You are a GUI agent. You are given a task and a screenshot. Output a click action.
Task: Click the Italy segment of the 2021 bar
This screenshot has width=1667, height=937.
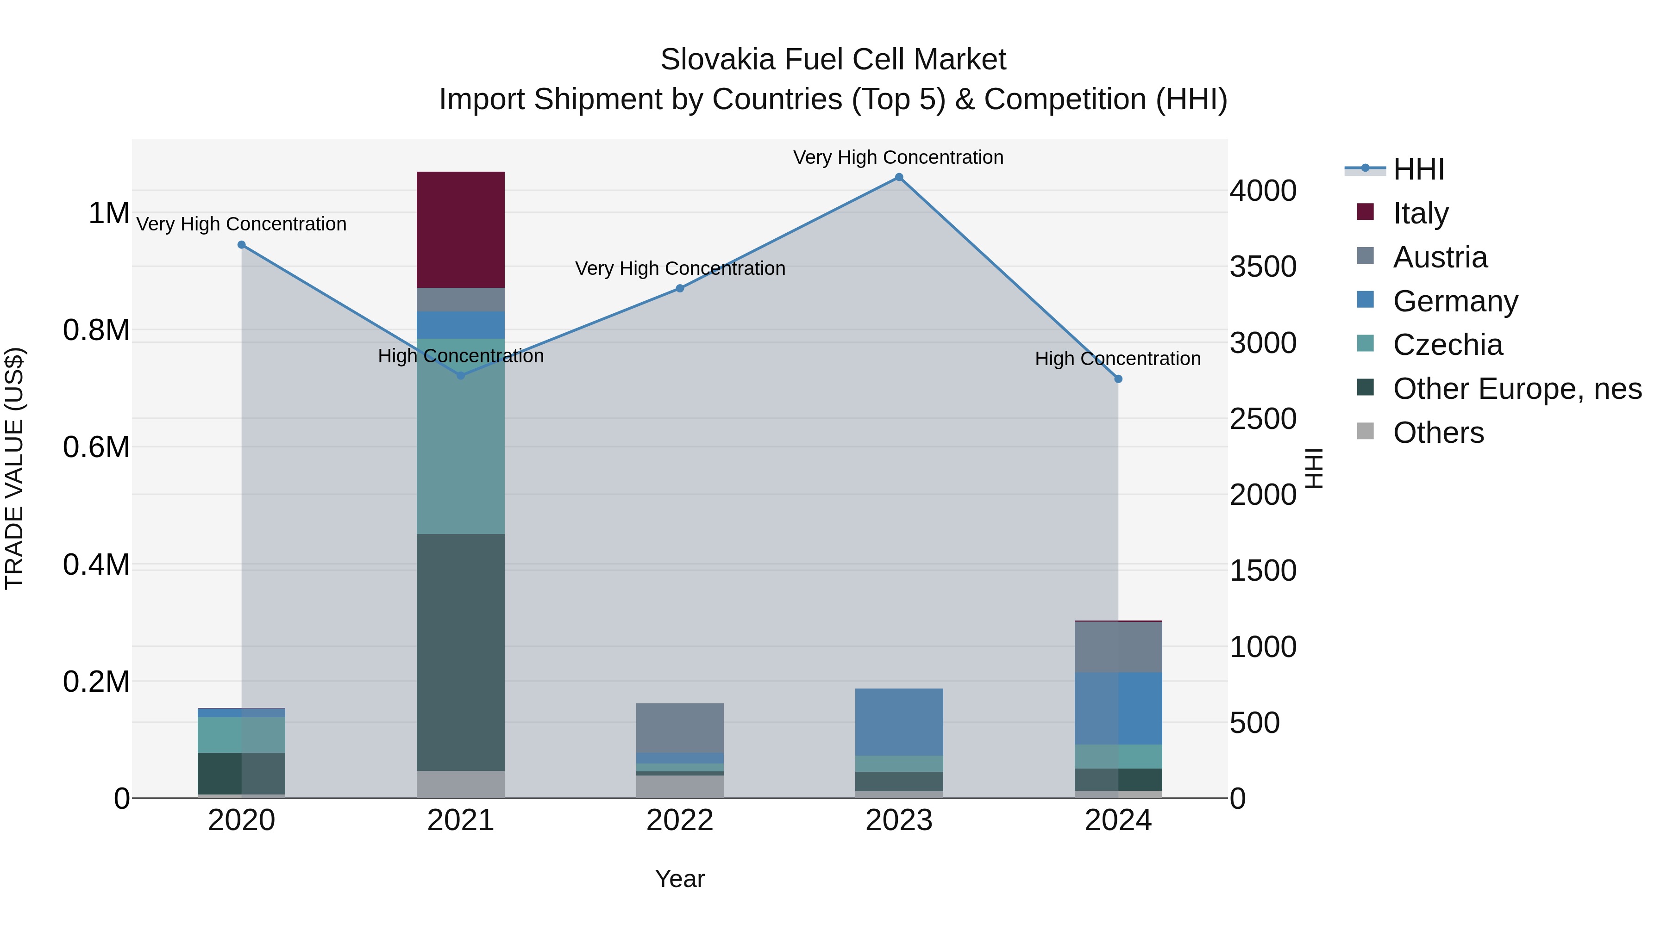[x=460, y=230]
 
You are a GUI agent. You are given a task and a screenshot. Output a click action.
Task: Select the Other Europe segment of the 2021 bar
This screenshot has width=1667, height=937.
[x=460, y=652]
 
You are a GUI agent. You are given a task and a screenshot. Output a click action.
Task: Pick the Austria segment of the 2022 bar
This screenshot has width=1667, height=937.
[x=679, y=727]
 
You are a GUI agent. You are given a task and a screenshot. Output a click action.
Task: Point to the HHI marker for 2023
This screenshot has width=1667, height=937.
[x=899, y=177]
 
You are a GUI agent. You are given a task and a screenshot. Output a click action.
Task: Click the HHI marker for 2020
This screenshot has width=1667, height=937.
[x=241, y=244]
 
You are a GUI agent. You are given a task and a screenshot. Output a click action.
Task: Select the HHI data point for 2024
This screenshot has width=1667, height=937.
[x=1118, y=379]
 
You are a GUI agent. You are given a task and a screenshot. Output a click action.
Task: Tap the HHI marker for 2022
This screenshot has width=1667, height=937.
[x=679, y=288]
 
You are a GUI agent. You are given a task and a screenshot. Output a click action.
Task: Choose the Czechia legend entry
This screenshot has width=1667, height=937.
[x=1447, y=345]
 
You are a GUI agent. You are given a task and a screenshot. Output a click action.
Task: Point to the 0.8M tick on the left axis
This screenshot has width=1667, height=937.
[x=96, y=330]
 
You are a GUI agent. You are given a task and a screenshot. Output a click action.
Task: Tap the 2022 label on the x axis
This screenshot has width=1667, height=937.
[x=679, y=820]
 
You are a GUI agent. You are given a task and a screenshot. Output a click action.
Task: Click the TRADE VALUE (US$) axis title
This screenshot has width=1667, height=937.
[x=14, y=468]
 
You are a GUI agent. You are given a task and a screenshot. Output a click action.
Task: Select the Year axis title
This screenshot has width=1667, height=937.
[x=679, y=879]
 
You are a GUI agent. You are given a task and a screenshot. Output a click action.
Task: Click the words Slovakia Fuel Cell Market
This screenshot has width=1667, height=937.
[x=833, y=60]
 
